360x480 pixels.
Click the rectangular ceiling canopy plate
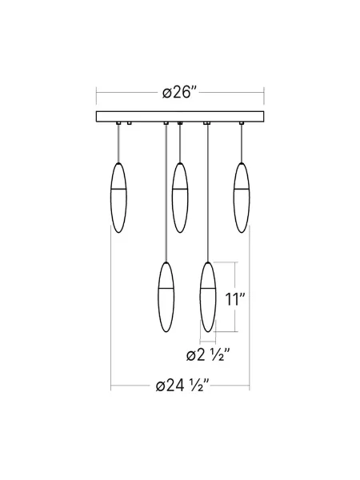[x=180, y=117]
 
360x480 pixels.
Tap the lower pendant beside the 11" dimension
[x=208, y=297]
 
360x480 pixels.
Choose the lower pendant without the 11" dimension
[x=166, y=297]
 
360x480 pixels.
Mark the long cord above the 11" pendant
[x=208, y=192]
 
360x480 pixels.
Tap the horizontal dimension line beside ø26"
[x=128, y=93]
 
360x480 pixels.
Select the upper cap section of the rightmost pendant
[x=239, y=177]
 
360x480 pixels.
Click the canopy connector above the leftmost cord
[x=118, y=123]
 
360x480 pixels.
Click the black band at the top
[x=180, y=29]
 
